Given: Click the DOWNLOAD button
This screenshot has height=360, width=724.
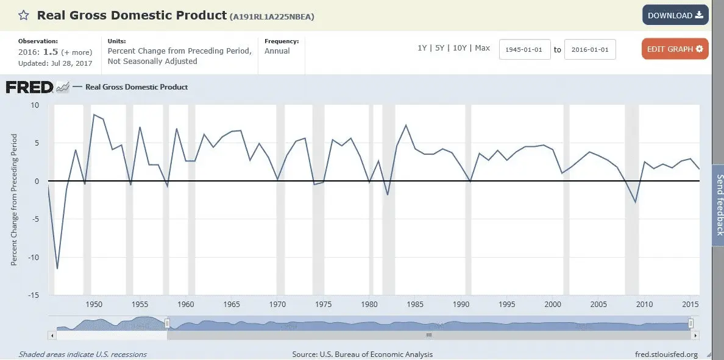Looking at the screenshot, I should [x=675, y=15].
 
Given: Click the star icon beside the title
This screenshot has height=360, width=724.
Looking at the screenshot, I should [x=23, y=15].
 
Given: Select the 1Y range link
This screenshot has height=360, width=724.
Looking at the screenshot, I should [x=422, y=48].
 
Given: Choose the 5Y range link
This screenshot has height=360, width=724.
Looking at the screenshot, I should [x=439, y=48].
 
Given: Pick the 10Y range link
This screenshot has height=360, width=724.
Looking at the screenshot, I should [x=459, y=48].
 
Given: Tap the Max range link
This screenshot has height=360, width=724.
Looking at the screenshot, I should [x=482, y=48].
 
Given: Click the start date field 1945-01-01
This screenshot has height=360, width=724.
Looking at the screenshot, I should [x=525, y=49].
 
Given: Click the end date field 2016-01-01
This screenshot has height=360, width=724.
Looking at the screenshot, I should [x=590, y=49].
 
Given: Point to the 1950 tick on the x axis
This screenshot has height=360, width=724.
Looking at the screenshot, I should [x=94, y=305].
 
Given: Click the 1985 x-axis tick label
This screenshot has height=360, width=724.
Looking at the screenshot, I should [x=416, y=305].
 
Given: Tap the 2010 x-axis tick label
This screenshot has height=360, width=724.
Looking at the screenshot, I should [x=645, y=305].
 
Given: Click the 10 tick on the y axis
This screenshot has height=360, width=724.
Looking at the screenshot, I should [x=34, y=105].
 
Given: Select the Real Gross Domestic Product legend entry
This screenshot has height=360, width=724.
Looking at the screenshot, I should [x=136, y=87].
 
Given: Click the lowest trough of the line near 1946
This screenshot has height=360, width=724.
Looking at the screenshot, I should [x=57, y=269].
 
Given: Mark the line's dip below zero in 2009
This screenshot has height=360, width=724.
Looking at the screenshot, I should [x=636, y=202].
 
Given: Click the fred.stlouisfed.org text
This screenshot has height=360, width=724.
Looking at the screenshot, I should [x=665, y=354].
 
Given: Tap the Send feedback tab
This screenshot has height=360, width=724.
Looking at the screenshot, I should [x=719, y=205].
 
